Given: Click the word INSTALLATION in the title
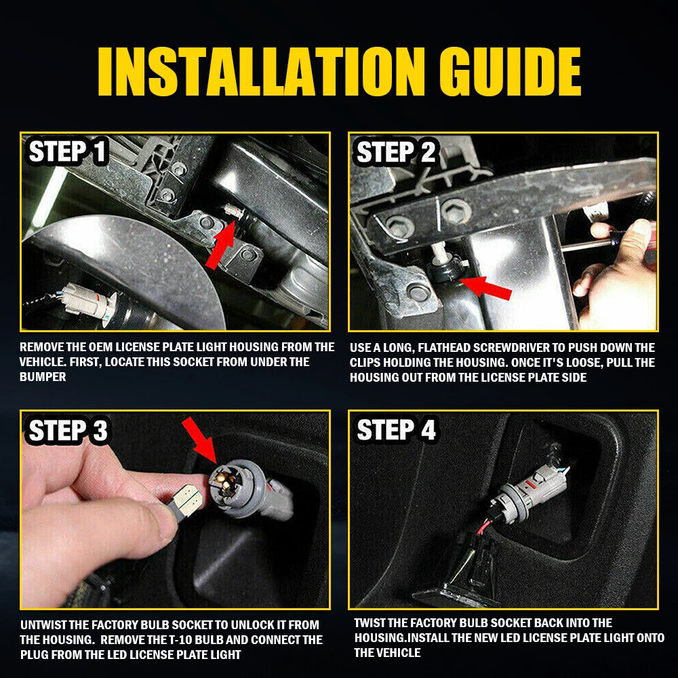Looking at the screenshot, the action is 262,71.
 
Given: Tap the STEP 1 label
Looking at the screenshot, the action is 67,152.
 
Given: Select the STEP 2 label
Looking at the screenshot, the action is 396,152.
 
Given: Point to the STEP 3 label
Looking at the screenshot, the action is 68,431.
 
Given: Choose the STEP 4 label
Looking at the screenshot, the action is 396,430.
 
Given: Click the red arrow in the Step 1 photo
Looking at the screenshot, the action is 220,244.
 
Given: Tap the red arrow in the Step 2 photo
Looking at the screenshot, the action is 486,287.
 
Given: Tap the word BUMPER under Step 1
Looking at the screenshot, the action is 43,376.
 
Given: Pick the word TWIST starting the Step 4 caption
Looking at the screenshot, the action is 370,623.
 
